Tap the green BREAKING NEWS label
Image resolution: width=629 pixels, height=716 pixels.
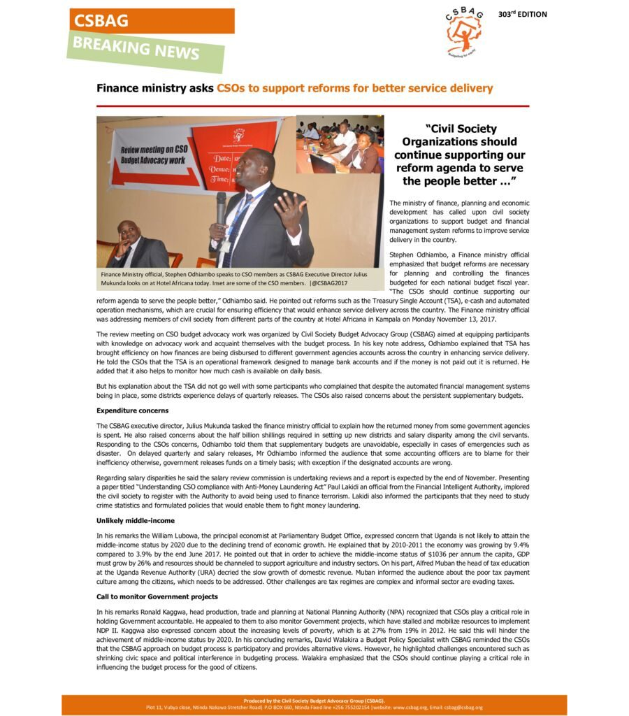[145, 50]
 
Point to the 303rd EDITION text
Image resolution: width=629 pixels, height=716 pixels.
[522, 14]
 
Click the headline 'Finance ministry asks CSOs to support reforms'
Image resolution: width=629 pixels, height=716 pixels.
[294, 88]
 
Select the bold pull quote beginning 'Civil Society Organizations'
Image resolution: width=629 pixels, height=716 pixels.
[459, 155]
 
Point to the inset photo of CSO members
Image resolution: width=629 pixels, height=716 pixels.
[340, 144]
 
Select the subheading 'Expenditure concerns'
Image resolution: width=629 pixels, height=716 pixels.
[132, 410]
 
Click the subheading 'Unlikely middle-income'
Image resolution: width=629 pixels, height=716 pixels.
[135, 520]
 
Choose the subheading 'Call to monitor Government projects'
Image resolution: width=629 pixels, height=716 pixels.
[157, 596]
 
